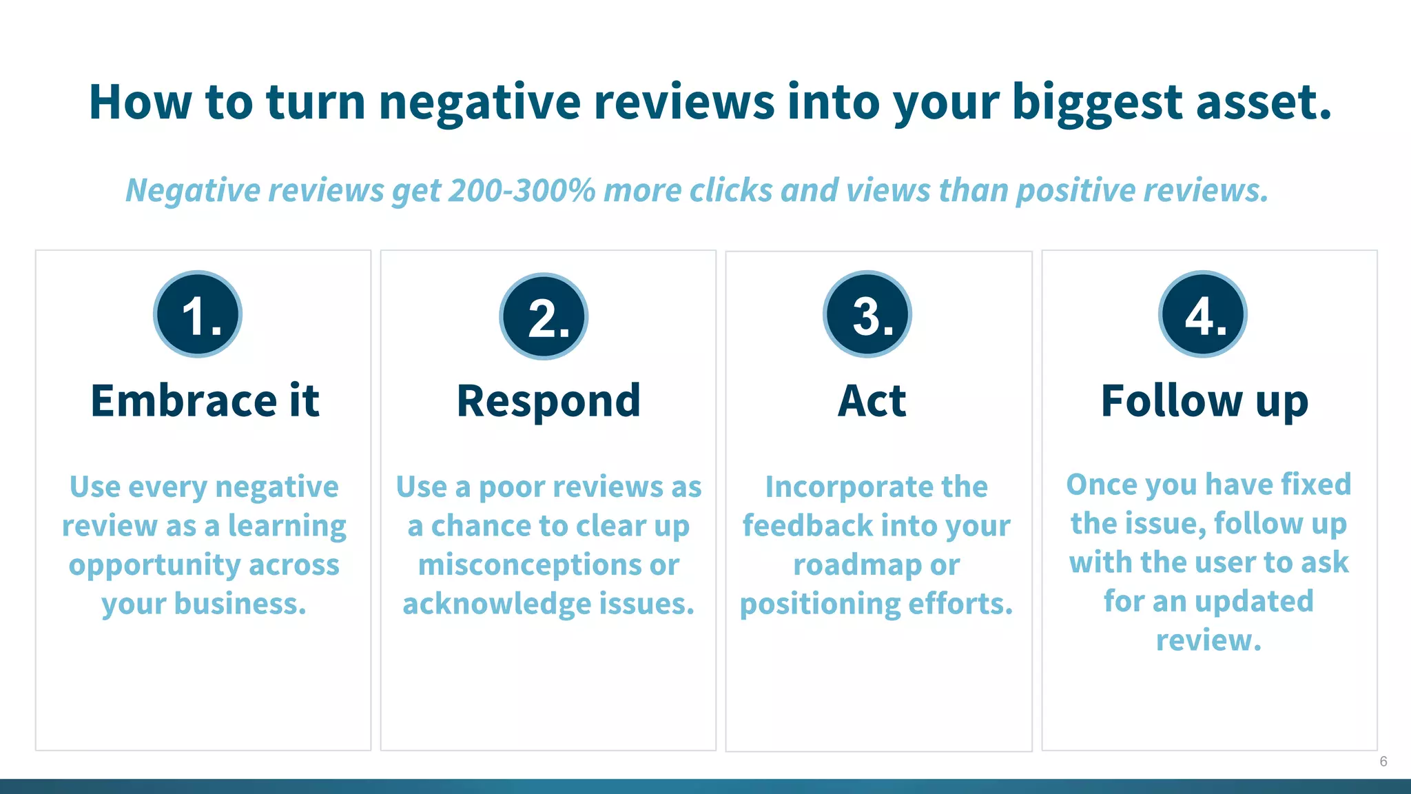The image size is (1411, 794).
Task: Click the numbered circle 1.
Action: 198,314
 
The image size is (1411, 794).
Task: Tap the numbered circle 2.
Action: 544,317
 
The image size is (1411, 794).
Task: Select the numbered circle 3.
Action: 867,314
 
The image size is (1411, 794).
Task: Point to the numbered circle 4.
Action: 1203,314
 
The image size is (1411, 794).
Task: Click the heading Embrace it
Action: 205,401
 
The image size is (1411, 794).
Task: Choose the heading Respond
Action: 548,401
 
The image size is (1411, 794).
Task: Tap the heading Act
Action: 872,401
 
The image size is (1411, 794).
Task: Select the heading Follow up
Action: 1204,401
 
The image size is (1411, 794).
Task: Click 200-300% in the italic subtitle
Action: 522,190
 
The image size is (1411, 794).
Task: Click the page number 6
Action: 1383,762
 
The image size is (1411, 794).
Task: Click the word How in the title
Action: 140,102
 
